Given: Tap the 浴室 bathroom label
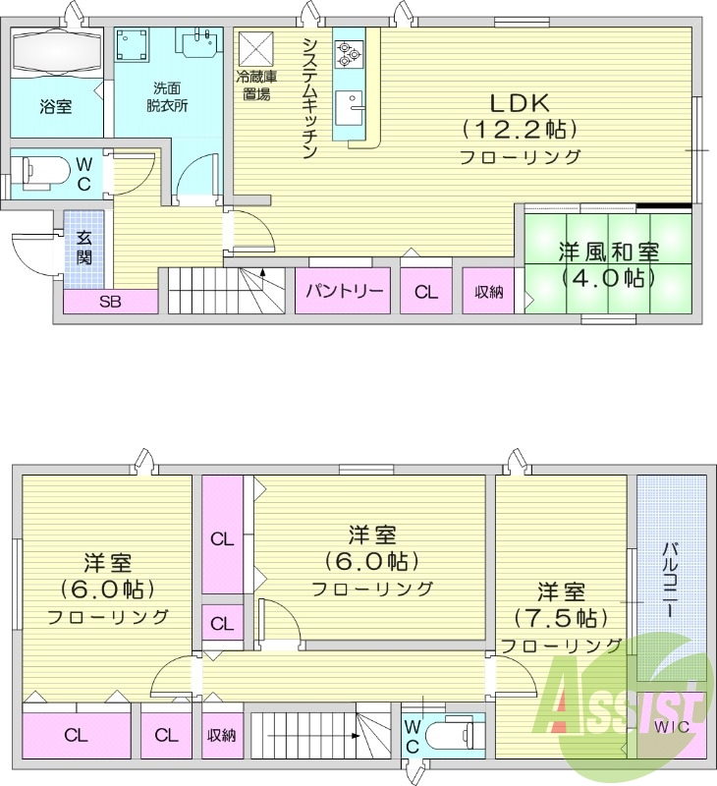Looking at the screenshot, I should pyautogui.click(x=56, y=106).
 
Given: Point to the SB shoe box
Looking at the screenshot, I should pyautogui.click(x=110, y=302).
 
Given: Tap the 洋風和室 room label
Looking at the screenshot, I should pyautogui.click(x=608, y=251).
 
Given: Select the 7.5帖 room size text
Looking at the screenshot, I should pyautogui.click(x=557, y=618).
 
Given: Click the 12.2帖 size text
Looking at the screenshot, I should pyautogui.click(x=519, y=129).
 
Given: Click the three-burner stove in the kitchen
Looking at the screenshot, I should pyautogui.click(x=349, y=52).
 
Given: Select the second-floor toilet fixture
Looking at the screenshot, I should pyautogui.click(x=453, y=735).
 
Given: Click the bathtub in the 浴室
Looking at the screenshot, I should pyautogui.click(x=56, y=50).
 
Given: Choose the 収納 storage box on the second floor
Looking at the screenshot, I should pyautogui.click(x=221, y=735).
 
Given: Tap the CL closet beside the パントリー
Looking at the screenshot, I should pyautogui.click(x=425, y=291).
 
